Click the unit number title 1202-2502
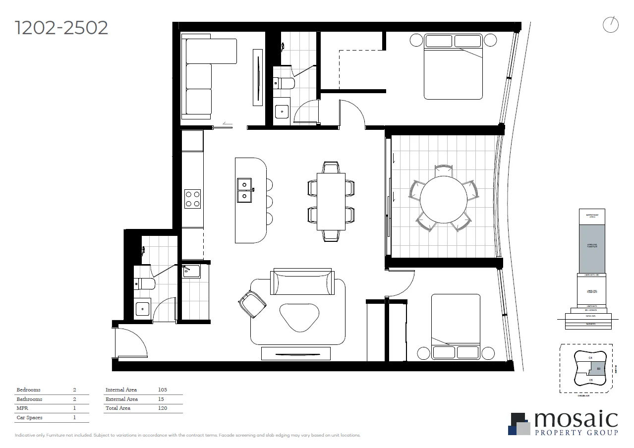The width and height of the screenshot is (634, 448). [61, 28]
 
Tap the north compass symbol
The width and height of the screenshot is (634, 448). [611, 25]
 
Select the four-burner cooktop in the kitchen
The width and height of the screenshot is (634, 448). [192, 199]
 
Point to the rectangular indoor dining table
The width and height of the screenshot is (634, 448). [331, 201]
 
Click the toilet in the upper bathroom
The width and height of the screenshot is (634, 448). [284, 83]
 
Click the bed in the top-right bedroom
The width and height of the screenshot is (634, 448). [453, 66]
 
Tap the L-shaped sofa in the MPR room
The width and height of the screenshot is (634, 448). [201, 77]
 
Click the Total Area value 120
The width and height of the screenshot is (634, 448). [162, 408]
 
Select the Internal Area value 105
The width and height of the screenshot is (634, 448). [162, 390]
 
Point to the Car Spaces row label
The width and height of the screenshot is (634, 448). [29, 417]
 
